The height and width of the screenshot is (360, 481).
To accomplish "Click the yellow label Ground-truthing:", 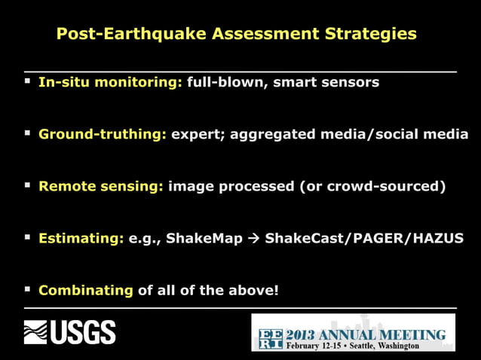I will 103,134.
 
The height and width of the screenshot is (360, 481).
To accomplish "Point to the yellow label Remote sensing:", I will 101,186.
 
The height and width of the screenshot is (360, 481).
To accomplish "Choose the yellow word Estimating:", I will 81,238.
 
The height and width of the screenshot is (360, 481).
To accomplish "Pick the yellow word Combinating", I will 86,289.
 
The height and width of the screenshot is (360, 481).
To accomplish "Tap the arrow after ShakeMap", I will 254,239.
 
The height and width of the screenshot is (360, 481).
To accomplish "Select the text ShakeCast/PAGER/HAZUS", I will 364,238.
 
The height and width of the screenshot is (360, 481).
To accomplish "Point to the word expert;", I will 197,134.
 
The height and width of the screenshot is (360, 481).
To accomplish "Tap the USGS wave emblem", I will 35,332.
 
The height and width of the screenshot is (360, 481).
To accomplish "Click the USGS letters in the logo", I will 83,332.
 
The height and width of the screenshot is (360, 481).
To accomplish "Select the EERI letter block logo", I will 269,339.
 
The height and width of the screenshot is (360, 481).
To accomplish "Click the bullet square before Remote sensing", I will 28,185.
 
